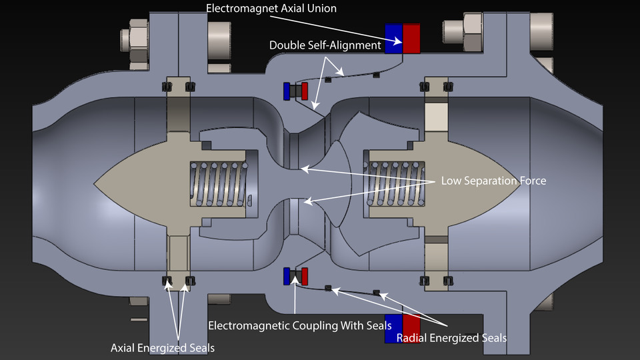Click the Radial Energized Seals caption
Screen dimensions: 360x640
pos(451,338)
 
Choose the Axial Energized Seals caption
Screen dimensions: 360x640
pos(163,347)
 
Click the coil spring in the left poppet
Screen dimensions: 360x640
pos(221,181)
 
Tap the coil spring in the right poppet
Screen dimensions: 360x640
pos(396,181)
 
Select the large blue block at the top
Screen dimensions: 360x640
pos(394,39)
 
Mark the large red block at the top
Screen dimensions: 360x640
pos(411,39)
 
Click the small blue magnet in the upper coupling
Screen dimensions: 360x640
pos(287,91)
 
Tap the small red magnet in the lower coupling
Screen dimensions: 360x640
pos(305,276)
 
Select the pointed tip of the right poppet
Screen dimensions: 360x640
pos(520,181)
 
